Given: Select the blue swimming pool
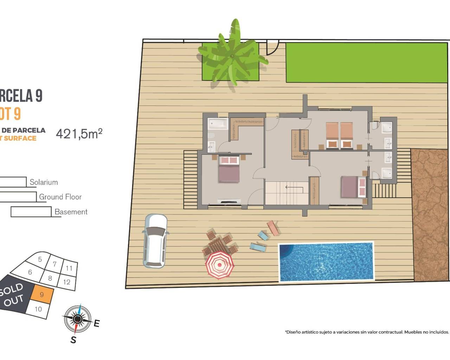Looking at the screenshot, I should [x=326, y=262].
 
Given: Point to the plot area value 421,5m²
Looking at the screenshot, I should [x=79, y=134].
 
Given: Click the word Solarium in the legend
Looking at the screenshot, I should [x=44, y=182].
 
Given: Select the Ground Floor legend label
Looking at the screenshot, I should [x=60, y=197].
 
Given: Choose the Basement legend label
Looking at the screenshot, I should [x=71, y=212].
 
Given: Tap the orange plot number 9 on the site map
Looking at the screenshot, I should [x=42, y=295].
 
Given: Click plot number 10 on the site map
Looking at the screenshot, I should [x=38, y=309].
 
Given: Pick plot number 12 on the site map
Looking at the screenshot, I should [x=67, y=282].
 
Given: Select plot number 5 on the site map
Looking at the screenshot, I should [x=40, y=259].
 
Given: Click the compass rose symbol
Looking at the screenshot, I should [x=78, y=319].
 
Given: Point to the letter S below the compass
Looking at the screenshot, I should [x=73, y=340].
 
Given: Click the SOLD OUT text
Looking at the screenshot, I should [x=12, y=295].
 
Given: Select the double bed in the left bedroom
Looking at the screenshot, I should [x=229, y=169].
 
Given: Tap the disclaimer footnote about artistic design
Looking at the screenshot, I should [x=367, y=332].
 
